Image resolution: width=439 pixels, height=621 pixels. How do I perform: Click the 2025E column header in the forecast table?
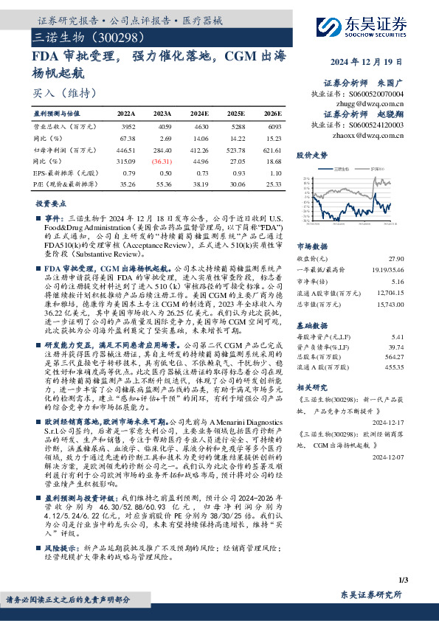(238, 114)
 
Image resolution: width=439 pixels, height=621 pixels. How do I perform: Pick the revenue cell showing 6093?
(272, 127)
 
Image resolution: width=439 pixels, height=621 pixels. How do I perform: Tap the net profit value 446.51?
(127, 148)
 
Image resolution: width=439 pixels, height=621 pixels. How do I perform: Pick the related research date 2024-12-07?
(389, 456)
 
